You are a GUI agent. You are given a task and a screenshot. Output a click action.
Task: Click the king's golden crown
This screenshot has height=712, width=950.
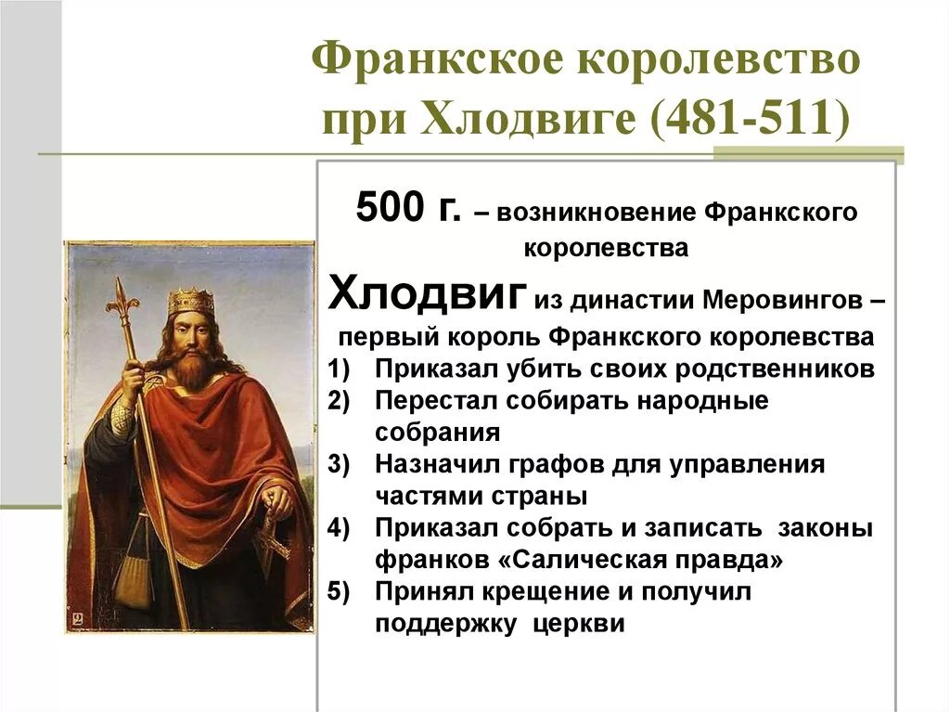point(191,300)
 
